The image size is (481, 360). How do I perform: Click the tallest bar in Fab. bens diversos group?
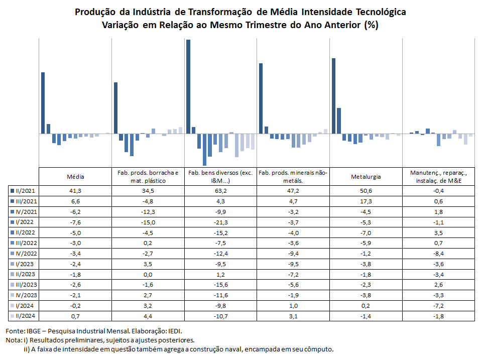[x=188, y=87]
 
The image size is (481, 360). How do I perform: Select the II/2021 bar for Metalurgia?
[x=333, y=96]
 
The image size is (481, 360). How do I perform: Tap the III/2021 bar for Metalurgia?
[x=339, y=121]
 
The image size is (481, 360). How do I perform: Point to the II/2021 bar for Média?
[x=43, y=103]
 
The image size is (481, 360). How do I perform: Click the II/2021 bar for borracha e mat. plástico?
[x=115, y=108]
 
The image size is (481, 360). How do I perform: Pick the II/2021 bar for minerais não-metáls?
[x=261, y=98]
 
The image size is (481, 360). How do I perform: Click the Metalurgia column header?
[x=366, y=177]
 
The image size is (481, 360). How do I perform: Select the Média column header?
[x=75, y=177]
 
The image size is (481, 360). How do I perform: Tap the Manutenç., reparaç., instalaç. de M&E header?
[x=439, y=177]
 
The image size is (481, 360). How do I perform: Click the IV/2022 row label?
[x=26, y=254]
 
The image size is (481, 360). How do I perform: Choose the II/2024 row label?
[x=25, y=316]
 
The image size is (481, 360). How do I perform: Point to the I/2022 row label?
[x=25, y=222]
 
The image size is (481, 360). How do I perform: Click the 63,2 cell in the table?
[x=220, y=191]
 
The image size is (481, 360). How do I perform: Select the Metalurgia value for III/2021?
[x=366, y=201]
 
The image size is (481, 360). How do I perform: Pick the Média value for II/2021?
[x=75, y=191]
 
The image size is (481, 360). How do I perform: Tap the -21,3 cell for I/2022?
[x=220, y=222]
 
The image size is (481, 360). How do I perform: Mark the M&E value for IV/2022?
[x=439, y=254]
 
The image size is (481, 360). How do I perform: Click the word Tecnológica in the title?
[x=381, y=12]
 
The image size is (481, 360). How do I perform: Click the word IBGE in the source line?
[x=34, y=331]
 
